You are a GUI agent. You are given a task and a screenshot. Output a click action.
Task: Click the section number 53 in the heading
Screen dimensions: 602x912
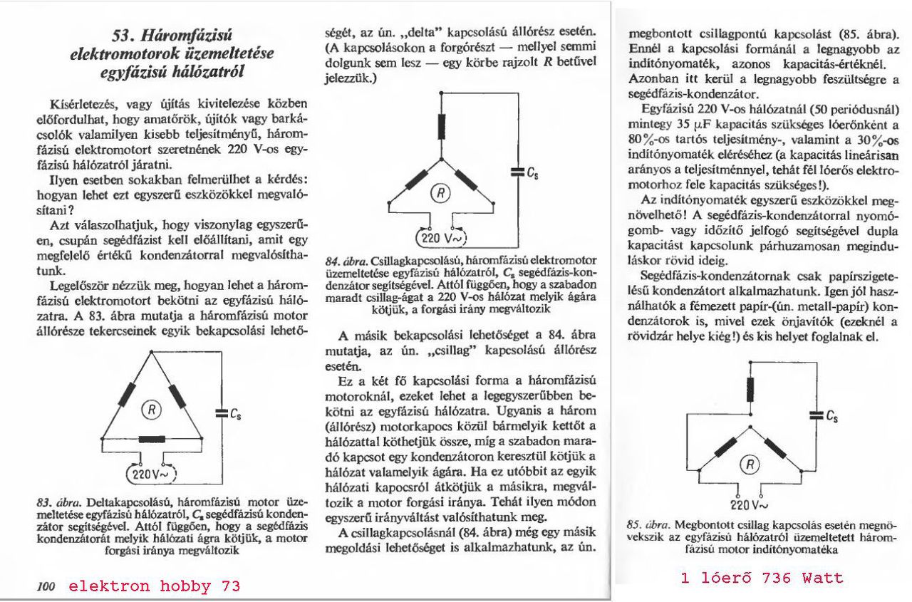pos(128,36)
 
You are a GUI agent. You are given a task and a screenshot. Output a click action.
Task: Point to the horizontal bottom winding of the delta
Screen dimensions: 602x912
pos(150,440)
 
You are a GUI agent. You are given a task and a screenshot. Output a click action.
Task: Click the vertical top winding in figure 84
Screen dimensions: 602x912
pos(442,125)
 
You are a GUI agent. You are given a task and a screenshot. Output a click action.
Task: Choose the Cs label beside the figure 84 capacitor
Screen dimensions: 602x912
pos(531,171)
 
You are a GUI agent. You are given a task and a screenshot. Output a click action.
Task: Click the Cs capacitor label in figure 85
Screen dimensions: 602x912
pos(830,415)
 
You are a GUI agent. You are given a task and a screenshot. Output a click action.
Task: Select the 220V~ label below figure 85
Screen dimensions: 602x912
pos(748,505)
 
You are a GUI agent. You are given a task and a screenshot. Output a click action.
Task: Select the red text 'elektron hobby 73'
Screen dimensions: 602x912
pos(155,586)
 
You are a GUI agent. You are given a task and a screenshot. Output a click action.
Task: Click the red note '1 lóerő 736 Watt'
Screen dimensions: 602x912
pos(762,578)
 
